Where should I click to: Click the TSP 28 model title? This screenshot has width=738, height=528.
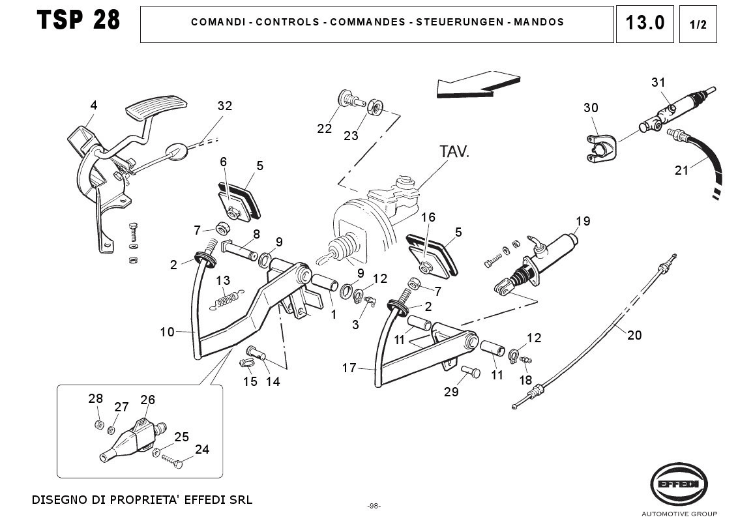[79, 21]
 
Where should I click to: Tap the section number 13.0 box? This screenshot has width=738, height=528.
[645, 23]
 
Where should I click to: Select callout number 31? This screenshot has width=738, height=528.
[658, 82]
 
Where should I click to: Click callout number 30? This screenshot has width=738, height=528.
[591, 108]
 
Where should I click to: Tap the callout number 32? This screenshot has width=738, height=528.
[225, 106]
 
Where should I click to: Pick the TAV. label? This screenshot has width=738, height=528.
[454, 152]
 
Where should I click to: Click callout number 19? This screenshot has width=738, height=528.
[583, 221]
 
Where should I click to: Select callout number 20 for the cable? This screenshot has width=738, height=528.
[634, 335]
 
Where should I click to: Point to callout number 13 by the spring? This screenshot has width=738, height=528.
[223, 280]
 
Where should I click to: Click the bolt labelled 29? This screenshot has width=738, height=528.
[470, 374]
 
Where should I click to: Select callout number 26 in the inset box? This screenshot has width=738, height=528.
[148, 400]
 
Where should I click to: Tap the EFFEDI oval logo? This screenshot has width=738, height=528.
[678, 484]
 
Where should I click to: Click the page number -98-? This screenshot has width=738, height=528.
[374, 506]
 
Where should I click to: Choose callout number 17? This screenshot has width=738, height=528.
[349, 368]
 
